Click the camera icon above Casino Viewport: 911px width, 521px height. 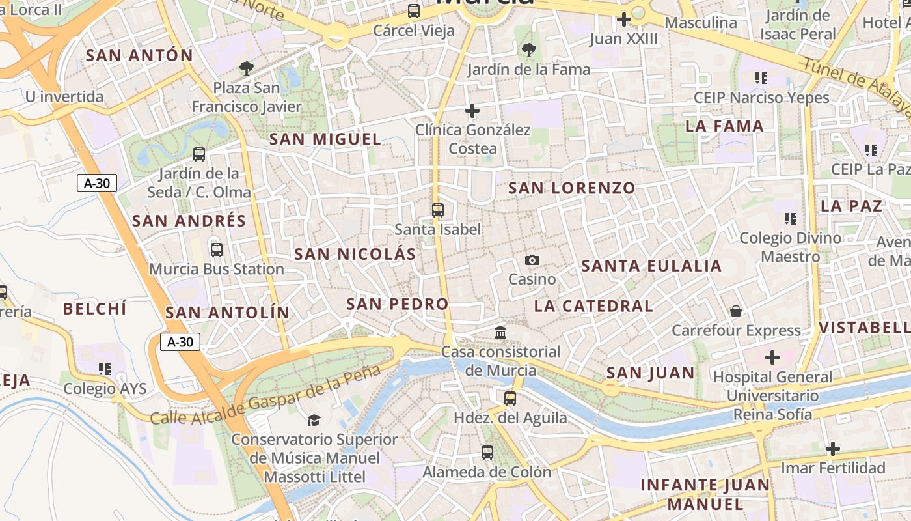click(532, 260)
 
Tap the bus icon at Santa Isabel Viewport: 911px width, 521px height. click(438, 210)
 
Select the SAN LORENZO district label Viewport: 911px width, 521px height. click(571, 188)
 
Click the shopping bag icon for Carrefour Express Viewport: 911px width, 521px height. click(736, 311)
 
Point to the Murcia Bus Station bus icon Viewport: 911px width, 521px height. click(217, 249)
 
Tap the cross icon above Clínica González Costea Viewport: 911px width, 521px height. click(472, 111)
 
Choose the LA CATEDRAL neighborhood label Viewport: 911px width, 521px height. click(593, 305)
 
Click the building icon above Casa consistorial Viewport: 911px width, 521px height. click(500, 333)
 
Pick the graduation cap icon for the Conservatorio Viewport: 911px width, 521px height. click(314, 420)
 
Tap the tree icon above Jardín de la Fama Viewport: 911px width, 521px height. click(528, 50)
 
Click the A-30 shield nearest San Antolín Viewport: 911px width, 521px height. click(180, 342)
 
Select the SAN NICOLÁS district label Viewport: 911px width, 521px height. click(355, 254)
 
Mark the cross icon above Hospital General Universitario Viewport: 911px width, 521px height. click(772, 358)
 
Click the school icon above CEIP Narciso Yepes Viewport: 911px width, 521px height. click(761, 79)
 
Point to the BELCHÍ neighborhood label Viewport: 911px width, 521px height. click(95, 309)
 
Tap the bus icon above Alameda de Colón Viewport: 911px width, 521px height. click(487, 453)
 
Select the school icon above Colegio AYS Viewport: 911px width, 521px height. click(105, 369)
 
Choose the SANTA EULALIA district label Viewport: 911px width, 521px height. click(651, 266)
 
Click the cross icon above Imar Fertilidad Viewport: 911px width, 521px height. click(833, 449)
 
